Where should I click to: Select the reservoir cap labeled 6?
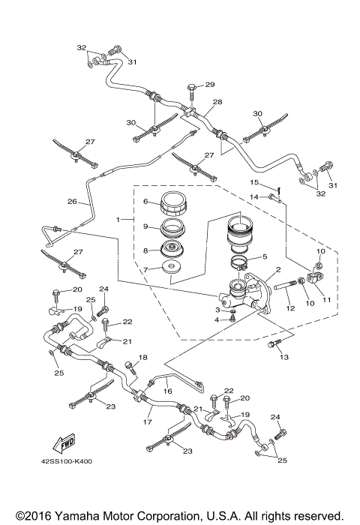[x=175, y=203]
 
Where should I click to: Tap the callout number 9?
[x=147, y=226]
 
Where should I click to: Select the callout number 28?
[x=217, y=101]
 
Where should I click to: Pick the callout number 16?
[x=168, y=391]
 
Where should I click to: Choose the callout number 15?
[x=253, y=182]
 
